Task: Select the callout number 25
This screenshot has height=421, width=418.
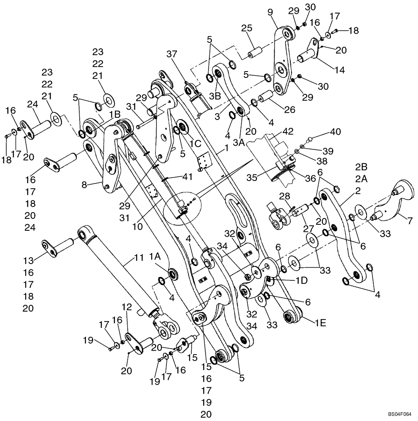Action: [247, 29]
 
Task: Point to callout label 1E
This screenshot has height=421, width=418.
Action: [320, 324]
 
